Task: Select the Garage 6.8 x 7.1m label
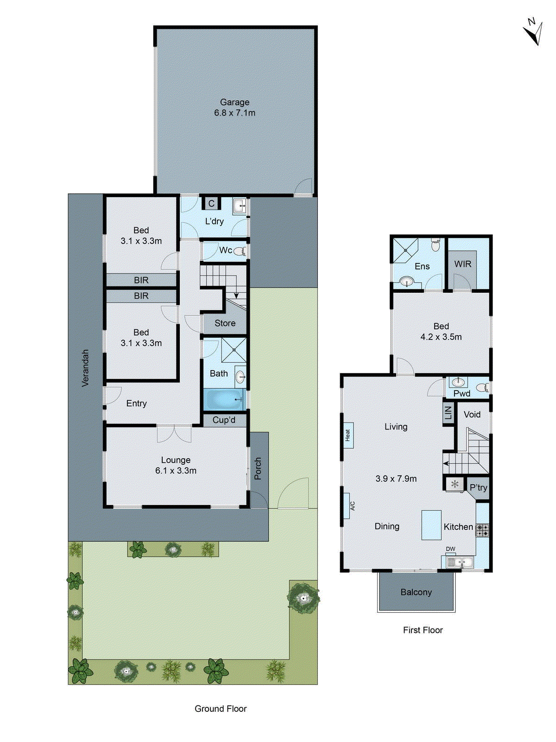click(x=234, y=108)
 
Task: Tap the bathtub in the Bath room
click(x=224, y=399)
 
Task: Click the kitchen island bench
click(x=431, y=525)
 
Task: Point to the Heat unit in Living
click(x=348, y=435)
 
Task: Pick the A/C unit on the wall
click(x=347, y=505)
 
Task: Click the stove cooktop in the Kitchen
click(x=482, y=530)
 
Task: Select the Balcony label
click(x=416, y=592)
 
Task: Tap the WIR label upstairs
click(x=462, y=264)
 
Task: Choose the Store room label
click(x=225, y=323)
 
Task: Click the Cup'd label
click(x=224, y=420)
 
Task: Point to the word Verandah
click(x=85, y=368)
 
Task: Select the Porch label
click(x=258, y=468)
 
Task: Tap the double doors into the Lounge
click(x=174, y=434)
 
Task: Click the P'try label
click(x=478, y=488)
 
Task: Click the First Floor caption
click(x=423, y=630)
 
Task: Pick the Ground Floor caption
click(x=221, y=709)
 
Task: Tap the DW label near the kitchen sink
click(x=450, y=549)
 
